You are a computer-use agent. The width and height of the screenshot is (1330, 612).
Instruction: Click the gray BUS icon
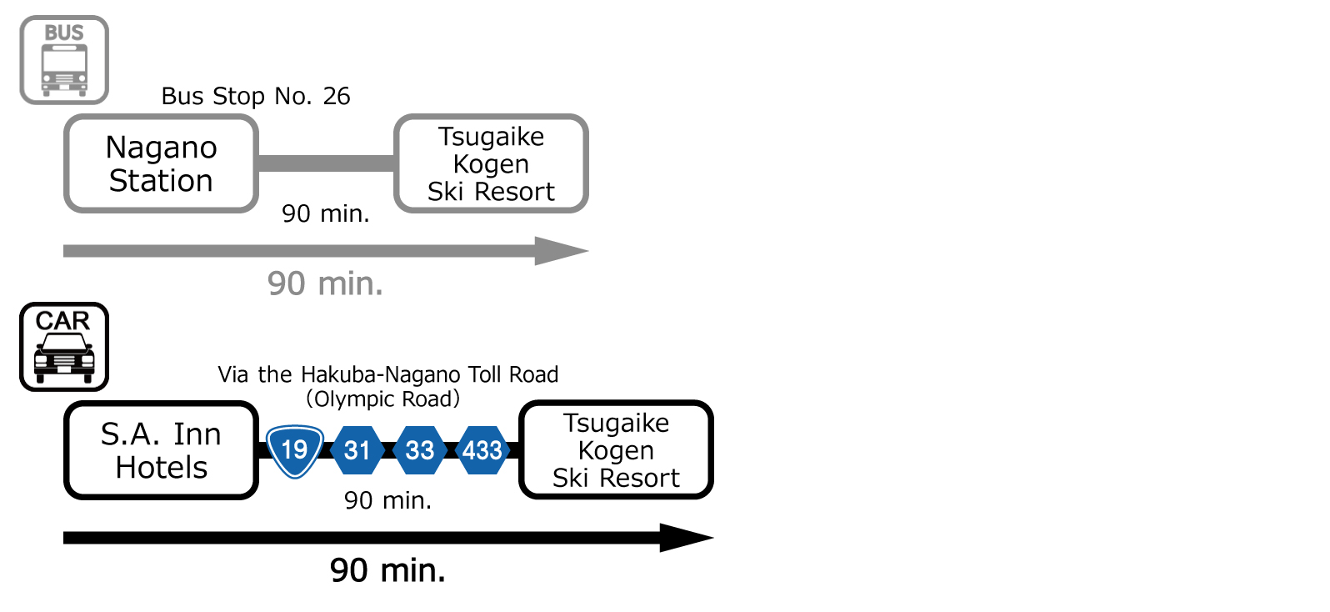(x=64, y=60)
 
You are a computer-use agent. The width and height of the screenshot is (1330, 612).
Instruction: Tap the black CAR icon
(x=64, y=347)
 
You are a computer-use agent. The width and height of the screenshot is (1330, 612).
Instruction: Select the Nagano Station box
(x=161, y=163)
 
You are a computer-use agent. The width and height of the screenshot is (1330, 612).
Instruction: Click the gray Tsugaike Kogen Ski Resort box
(x=491, y=163)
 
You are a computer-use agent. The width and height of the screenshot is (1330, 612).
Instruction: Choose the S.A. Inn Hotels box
(x=161, y=450)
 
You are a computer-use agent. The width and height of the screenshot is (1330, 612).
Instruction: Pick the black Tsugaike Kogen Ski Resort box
(x=616, y=450)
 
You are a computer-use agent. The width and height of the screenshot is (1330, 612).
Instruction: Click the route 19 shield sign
(x=295, y=451)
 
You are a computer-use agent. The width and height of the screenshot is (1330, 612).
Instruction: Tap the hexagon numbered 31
(x=357, y=450)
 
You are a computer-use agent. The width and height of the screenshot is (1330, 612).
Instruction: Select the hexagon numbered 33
(x=420, y=450)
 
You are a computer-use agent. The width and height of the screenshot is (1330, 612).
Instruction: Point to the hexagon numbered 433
(x=482, y=450)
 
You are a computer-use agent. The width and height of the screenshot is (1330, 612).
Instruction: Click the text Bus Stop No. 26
(x=256, y=97)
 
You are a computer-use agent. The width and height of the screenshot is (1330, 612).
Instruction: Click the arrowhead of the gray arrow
(x=562, y=251)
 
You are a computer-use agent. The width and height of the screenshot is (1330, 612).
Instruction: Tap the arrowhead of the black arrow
(x=687, y=538)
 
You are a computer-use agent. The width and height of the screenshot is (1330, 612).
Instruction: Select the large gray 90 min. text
(x=325, y=284)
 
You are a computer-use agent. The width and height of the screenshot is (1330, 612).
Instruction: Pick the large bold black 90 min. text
(x=387, y=571)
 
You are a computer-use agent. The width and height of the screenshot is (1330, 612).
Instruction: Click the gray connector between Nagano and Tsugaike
(x=326, y=163)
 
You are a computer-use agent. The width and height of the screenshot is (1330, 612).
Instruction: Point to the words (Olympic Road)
(x=383, y=399)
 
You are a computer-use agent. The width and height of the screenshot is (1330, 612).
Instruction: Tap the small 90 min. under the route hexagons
(x=387, y=500)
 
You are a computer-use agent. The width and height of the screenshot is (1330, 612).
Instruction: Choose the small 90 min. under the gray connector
(x=325, y=214)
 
